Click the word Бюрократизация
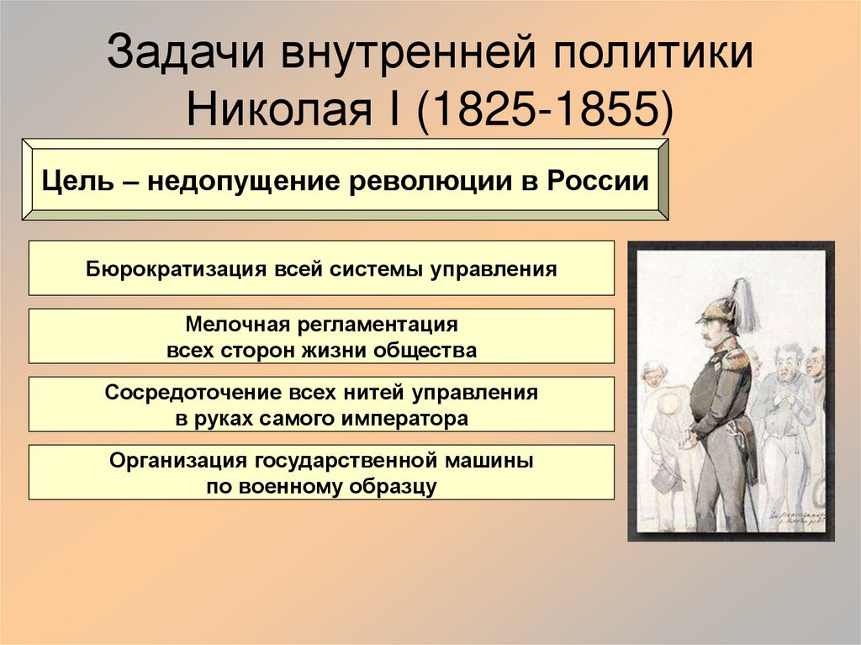pyautogui.click(x=172, y=269)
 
